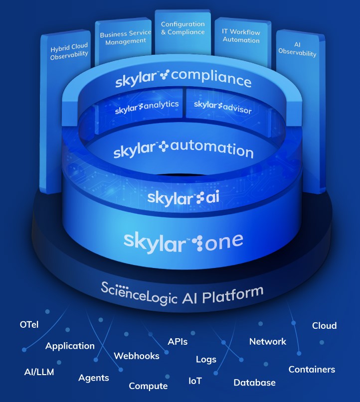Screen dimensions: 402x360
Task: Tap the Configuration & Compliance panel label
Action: tap(182, 28)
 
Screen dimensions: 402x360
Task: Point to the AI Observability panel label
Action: tap(298, 49)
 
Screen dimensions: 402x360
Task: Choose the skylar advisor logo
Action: tap(222, 106)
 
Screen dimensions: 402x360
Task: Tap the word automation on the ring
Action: tap(211, 149)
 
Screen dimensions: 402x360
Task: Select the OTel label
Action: tap(29, 325)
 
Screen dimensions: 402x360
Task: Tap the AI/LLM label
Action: tap(39, 372)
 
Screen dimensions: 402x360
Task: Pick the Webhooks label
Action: tap(137, 356)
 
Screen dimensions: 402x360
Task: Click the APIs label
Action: tap(178, 341)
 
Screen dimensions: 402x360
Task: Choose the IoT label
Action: tap(195, 381)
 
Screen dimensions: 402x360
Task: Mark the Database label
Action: tap(254, 383)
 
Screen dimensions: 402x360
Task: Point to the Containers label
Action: tap(312, 369)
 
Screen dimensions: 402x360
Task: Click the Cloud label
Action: tap(324, 326)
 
